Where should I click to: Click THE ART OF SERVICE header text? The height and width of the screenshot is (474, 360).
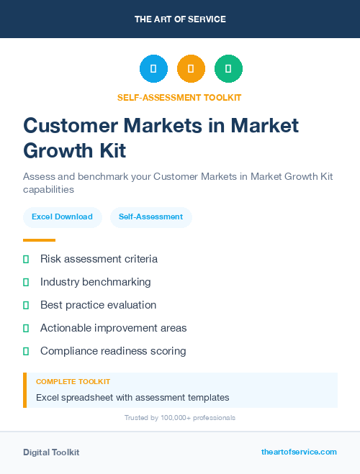pos(180,19)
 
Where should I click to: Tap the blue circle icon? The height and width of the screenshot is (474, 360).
pos(153,69)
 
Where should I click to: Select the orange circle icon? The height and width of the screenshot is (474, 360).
pos(191,69)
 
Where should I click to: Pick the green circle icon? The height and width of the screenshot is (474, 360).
pos(228,69)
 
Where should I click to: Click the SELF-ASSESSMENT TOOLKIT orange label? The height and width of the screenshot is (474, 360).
pos(179,97)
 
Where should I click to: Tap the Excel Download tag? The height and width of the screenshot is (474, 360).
pos(62,217)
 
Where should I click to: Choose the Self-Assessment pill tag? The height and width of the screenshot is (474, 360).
pos(150,217)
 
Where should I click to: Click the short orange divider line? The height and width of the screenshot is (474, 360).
pos(39,240)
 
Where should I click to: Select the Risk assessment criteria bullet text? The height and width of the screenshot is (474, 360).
pos(99,259)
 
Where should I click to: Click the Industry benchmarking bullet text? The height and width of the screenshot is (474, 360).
pos(95,282)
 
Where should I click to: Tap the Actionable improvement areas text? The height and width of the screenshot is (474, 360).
pos(113,328)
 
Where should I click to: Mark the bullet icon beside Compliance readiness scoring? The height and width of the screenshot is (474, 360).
pos(26,351)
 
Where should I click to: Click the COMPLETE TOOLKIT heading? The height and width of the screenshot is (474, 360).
pos(73,382)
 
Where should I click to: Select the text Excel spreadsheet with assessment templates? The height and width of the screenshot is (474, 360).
pos(132,397)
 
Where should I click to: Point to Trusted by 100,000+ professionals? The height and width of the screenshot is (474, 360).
pos(179,418)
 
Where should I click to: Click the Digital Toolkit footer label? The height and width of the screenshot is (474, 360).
pos(51,452)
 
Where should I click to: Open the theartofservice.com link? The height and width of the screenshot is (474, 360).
pos(299,452)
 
